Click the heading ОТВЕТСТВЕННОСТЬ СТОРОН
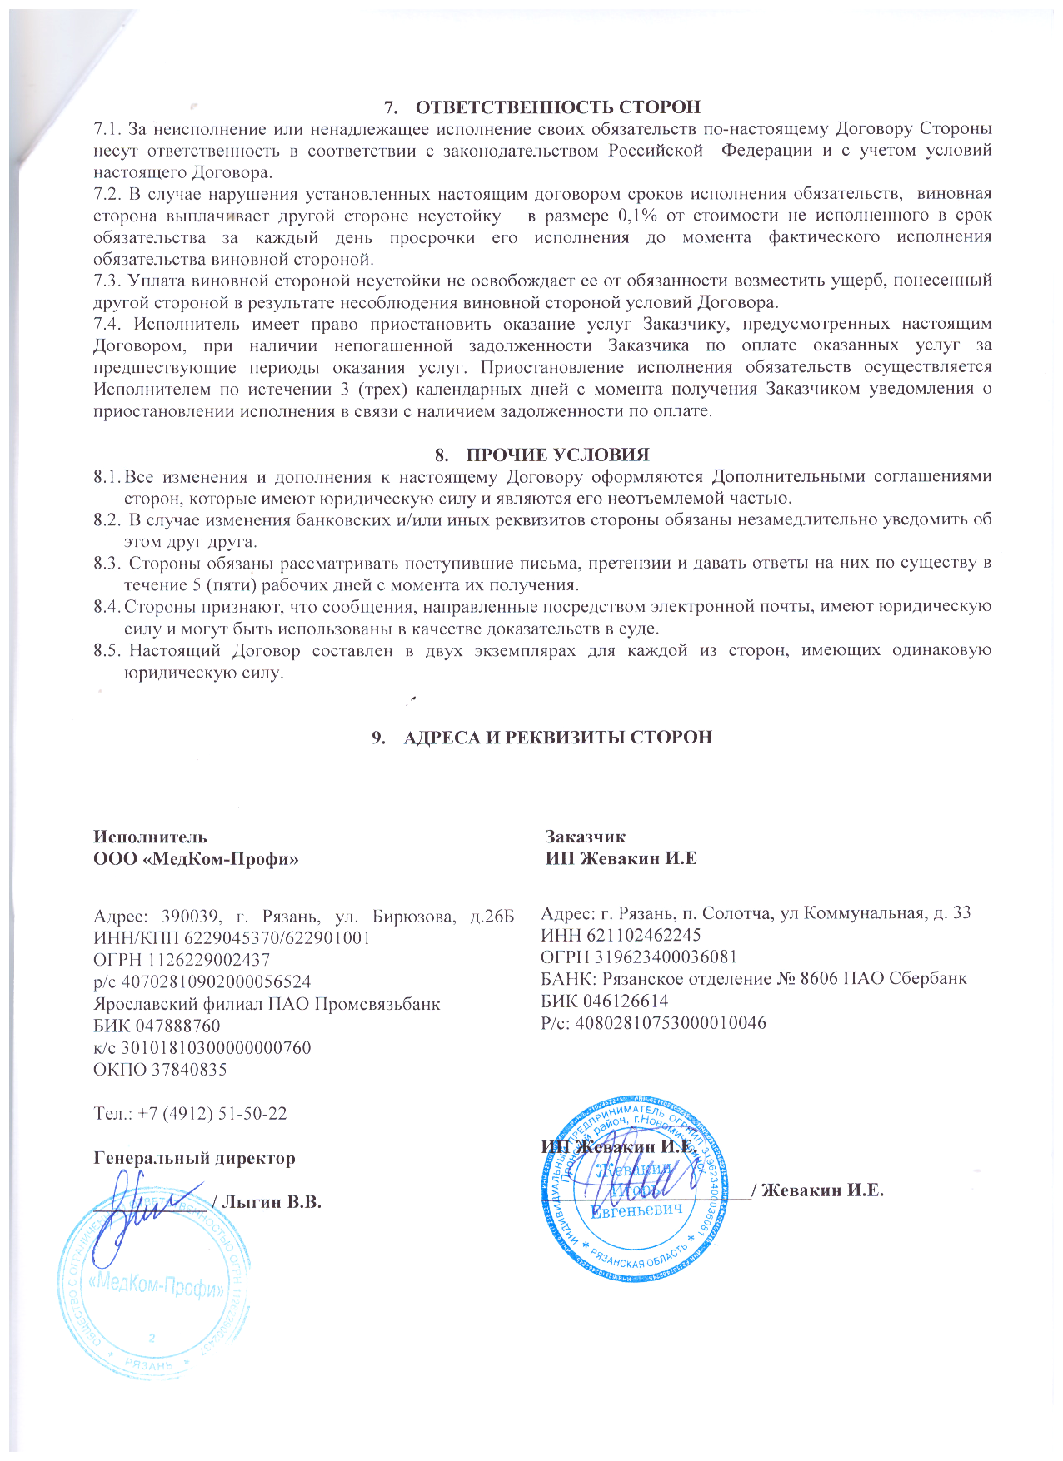pos(557,107)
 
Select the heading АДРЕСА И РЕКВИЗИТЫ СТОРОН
pos(557,738)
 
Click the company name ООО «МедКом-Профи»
pos(196,858)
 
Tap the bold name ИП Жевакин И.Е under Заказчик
pos(621,858)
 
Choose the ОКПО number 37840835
pos(188,1069)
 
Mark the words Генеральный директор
pos(194,1158)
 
